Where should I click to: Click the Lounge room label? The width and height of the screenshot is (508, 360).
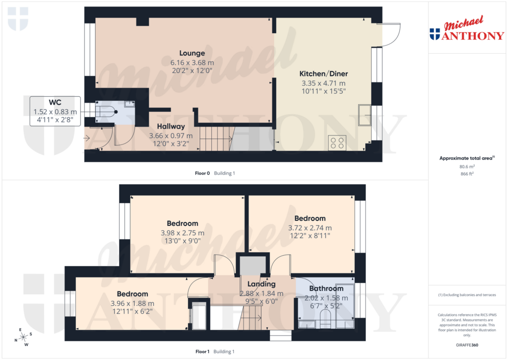click(x=192, y=53)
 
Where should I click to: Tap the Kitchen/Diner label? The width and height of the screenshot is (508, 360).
click(x=323, y=73)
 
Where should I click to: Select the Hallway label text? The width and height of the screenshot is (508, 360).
click(x=171, y=127)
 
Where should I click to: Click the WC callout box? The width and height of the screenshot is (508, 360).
click(x=55, y=111)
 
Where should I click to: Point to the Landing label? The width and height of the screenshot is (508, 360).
click(x=261, y=284)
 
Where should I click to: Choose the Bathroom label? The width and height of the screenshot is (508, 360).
click(x=326, y=288)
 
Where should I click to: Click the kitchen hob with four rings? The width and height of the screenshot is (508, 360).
click(x=337, y=143)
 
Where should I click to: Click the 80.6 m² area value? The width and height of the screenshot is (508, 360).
click(x=467, y=167)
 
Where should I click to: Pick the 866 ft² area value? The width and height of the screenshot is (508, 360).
click(x=467, y=175)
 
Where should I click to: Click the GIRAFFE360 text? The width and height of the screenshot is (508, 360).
click(x=467, y=345)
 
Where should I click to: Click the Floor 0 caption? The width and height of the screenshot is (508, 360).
click(x=202, y=173)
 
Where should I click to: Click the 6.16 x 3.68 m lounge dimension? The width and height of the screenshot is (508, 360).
click(x=192, y=63)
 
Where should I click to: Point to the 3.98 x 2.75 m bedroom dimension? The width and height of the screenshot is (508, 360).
click(x=182, y=232)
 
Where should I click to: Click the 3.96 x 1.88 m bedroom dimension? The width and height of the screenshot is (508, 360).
click(x=132, y=303)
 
